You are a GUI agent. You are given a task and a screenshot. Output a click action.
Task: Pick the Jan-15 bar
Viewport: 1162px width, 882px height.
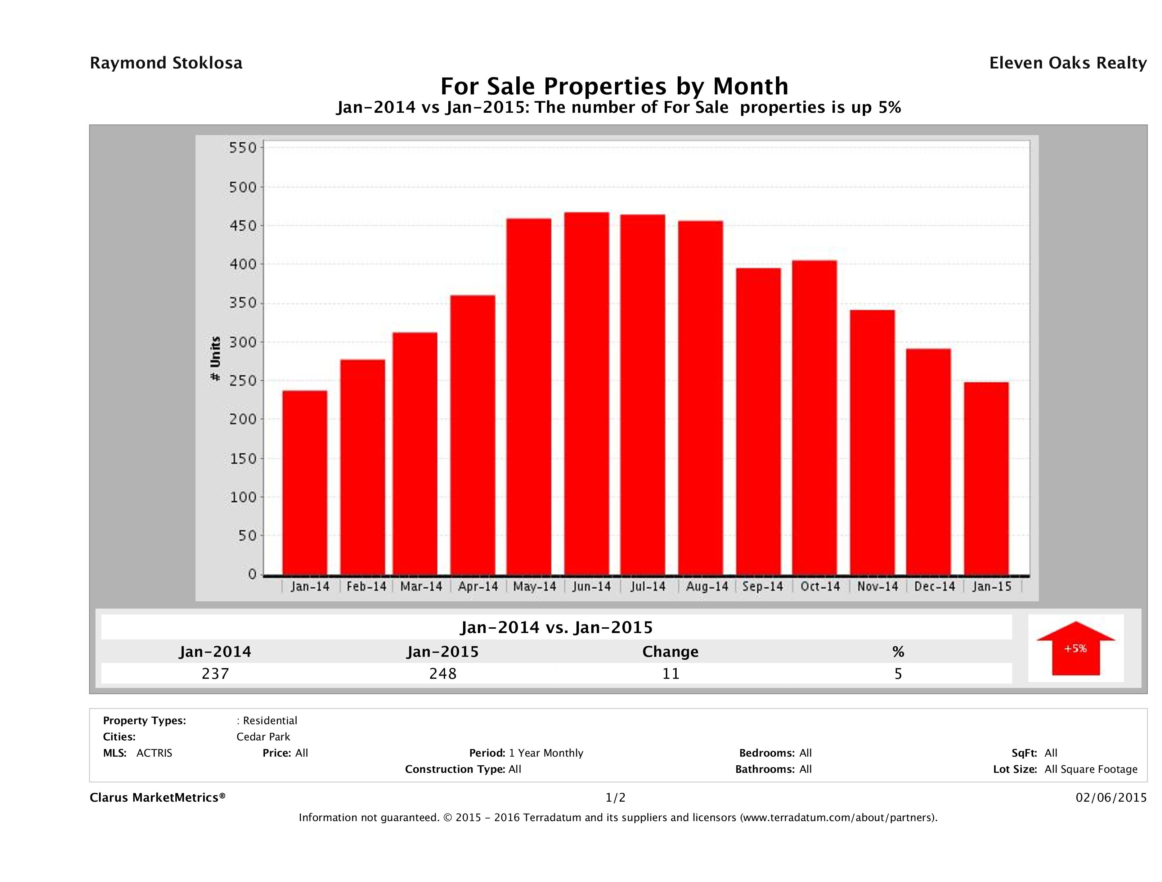pyautogui.click(x=986, y=478)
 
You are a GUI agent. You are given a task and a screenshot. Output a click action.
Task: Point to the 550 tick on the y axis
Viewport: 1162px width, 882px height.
pyautogui.click(x=242, y=148)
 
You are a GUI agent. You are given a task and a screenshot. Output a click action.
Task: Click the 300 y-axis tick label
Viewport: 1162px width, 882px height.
pyautogui.click(x=242, y=342)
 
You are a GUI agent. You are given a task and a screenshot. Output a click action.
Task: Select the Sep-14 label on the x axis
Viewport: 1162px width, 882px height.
pyautogui.click(x=763, y=587)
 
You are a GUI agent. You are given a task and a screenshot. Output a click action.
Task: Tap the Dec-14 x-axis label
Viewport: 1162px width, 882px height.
pyautogui.click(x=934, y=587)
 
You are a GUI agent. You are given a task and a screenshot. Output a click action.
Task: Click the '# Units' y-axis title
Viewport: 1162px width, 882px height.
pyautogui.click(x=215, y=358)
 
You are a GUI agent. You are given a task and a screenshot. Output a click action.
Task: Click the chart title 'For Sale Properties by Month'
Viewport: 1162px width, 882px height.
pyautogui.click(x=614, y=86)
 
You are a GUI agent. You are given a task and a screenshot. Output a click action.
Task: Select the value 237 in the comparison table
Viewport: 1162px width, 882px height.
pyautogui.click(x=215, y=673)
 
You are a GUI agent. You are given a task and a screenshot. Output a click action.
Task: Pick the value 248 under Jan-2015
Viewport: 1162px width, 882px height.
pyautogui.click(x=443, y=673)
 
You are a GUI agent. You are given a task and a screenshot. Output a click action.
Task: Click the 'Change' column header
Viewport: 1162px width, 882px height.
pyautogui.click(x=670, y=652)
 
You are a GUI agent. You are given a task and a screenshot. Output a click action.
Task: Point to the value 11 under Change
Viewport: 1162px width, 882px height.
pyautogui.click(x=671, y=673)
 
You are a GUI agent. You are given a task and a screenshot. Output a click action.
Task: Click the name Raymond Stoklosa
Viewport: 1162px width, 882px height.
pyautogui.click(x=166, y=63)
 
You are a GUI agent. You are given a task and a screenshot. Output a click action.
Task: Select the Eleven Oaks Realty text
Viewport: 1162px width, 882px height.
pyautogui.click(x=1067, y=63)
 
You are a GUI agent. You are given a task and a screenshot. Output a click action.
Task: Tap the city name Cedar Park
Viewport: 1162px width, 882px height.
pyautogui.click(x=263, y=737)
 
